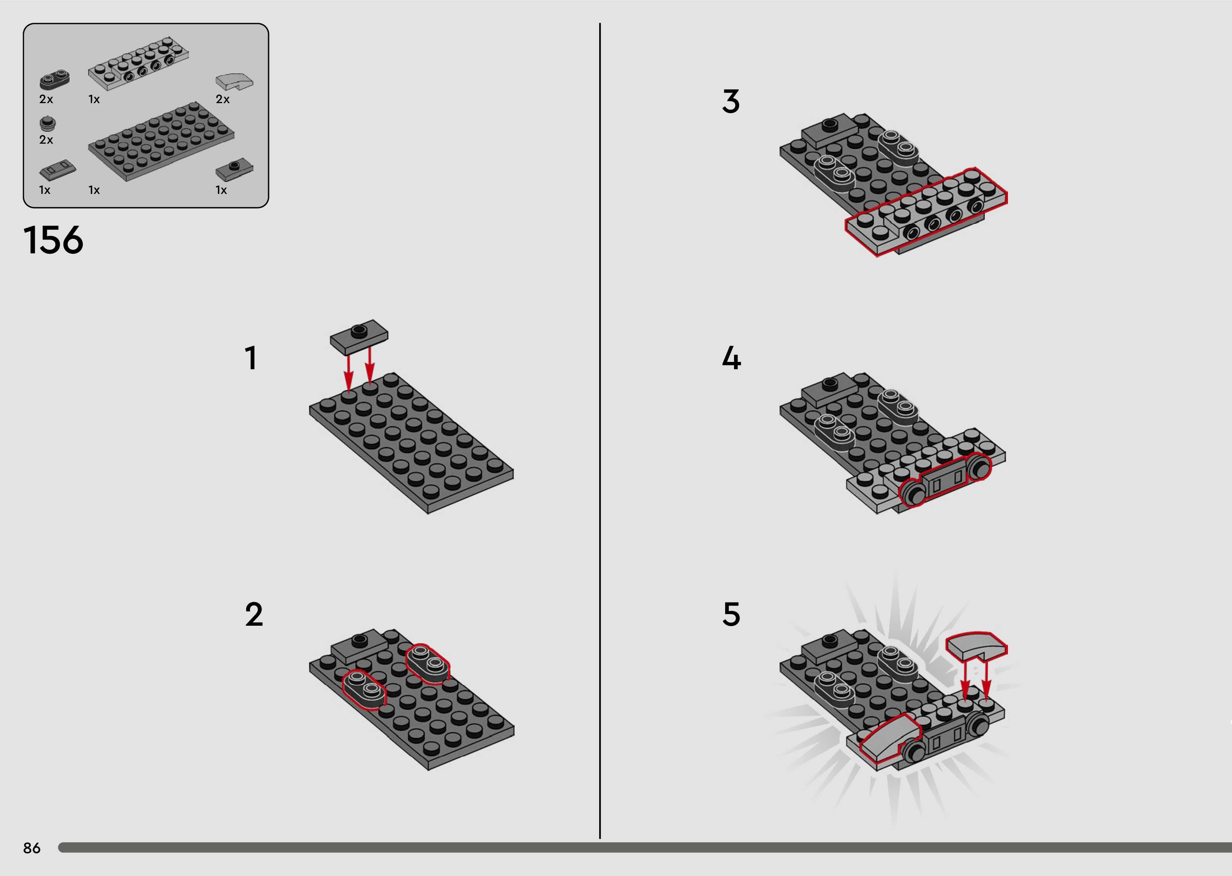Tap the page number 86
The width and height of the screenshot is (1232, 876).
click(32, 848)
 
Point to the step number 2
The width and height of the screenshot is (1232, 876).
click(254, 615)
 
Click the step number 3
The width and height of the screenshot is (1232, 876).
click(731, 102)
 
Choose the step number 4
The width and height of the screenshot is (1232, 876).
click(731, 358)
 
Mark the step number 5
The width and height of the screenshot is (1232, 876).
click(731, 615)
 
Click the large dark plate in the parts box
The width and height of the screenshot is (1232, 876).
click(161, 141)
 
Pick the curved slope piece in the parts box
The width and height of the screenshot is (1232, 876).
click(235, 81)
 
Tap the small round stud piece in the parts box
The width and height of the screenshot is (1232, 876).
click(48, 124)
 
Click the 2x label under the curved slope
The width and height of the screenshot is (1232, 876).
click(223, 99)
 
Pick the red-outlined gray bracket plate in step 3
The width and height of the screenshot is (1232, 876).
click(926, 212)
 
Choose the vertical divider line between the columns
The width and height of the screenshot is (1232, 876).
click(600, 430)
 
